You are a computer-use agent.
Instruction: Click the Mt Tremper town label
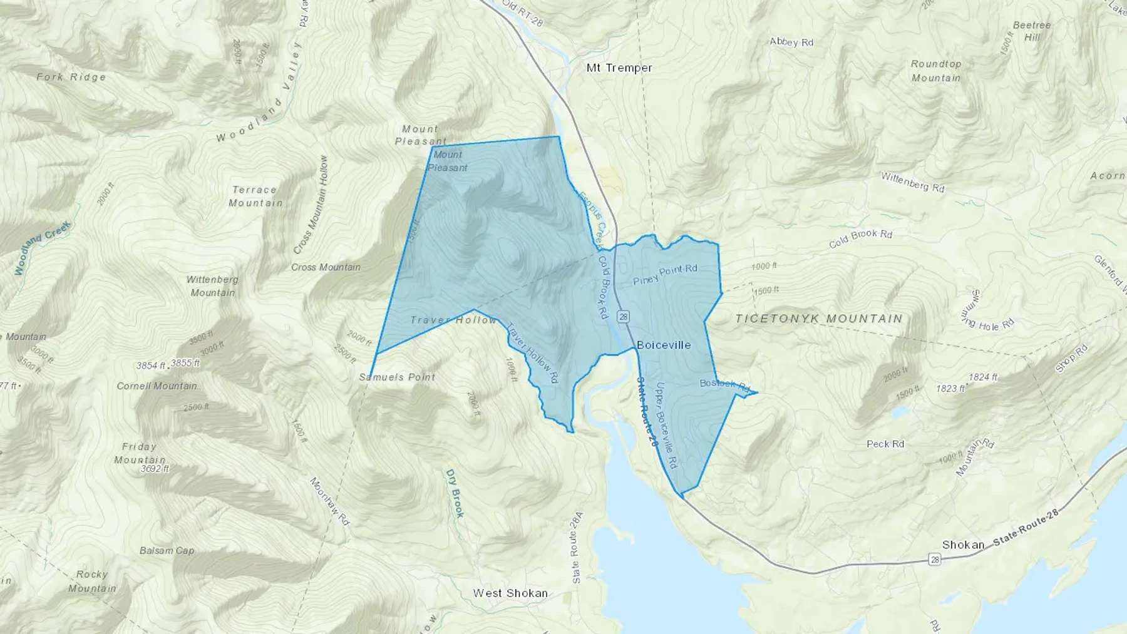(x=619, y=68)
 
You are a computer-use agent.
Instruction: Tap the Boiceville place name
(x=664, y=345)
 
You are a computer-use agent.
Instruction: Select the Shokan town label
(x=963, y=545)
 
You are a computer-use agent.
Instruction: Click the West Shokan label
(x=510, y=593)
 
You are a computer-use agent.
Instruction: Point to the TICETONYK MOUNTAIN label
(x=819, y=319)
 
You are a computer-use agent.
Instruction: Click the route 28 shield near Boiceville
(x=623, y=317)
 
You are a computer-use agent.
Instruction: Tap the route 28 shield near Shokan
(x=935, y=560)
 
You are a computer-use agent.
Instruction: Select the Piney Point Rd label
(x=665, y=274)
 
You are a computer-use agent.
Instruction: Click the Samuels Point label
(x=397, y=377)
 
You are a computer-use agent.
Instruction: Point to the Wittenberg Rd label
(x=912, y=182)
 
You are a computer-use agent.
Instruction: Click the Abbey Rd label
(x=791, y=42)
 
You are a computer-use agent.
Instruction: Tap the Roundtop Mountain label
(x=936, y=71)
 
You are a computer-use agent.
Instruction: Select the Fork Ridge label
(x=71, y=77)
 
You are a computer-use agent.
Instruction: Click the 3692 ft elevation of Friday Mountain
(x=155, y=468)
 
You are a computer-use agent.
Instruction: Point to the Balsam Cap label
(x=167, y=551)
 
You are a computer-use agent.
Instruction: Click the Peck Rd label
(x=885, y=444)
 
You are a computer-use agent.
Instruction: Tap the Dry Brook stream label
(x=455, y=493)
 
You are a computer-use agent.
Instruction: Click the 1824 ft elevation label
(x=982, y=377)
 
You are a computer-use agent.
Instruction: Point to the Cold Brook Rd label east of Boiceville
(x=860, y=238)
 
